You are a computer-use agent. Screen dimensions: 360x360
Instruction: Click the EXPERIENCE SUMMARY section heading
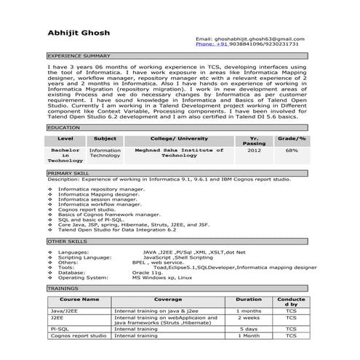[x=79, y=55]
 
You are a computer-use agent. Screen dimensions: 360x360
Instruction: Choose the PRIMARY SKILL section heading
[x=68, y=174]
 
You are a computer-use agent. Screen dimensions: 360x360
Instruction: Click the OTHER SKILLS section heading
[x=67, y=241]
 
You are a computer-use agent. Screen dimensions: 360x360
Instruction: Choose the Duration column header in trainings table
[x=249, y=299]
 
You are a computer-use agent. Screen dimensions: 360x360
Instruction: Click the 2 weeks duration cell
[x=249, y=318]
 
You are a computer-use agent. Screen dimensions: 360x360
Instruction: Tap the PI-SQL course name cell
[x=60, y=329]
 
